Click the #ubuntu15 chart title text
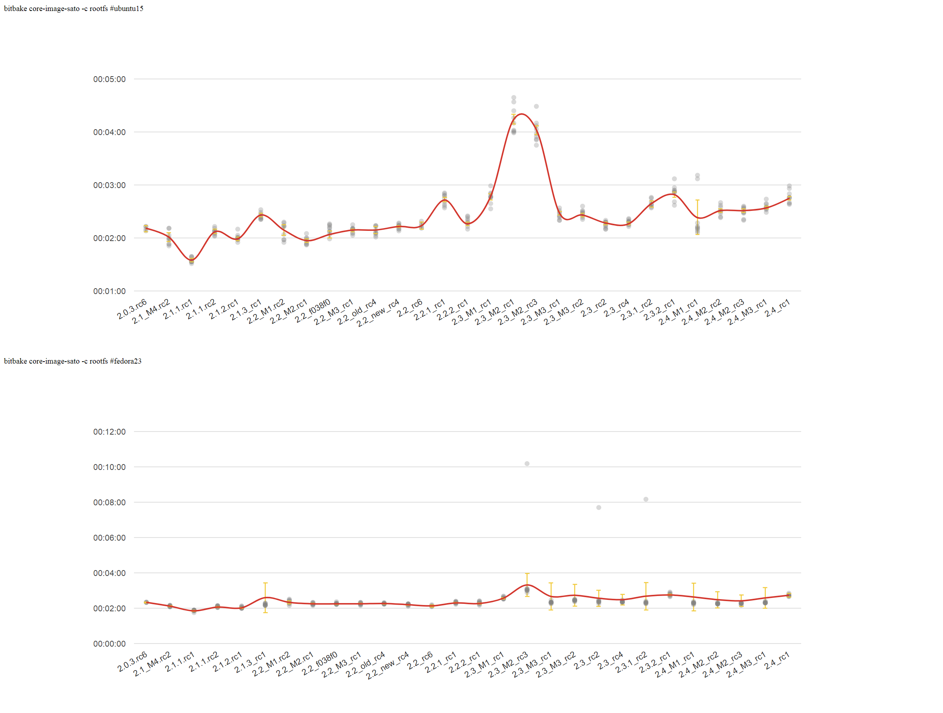point(73,9)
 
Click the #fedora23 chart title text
point(72,361)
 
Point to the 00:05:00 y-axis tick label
point(110,79)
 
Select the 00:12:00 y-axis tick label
point(110,432)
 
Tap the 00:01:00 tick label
point(110,291)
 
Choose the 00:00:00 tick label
point(110,644)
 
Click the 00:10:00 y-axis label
point(110,467)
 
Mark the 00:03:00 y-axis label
point(110,185)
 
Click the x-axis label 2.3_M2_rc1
point(495,313)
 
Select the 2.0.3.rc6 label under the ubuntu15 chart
point(132,309)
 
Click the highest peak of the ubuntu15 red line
point(522,114)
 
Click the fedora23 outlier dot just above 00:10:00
point(527,463)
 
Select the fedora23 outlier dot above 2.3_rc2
point(598,507)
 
